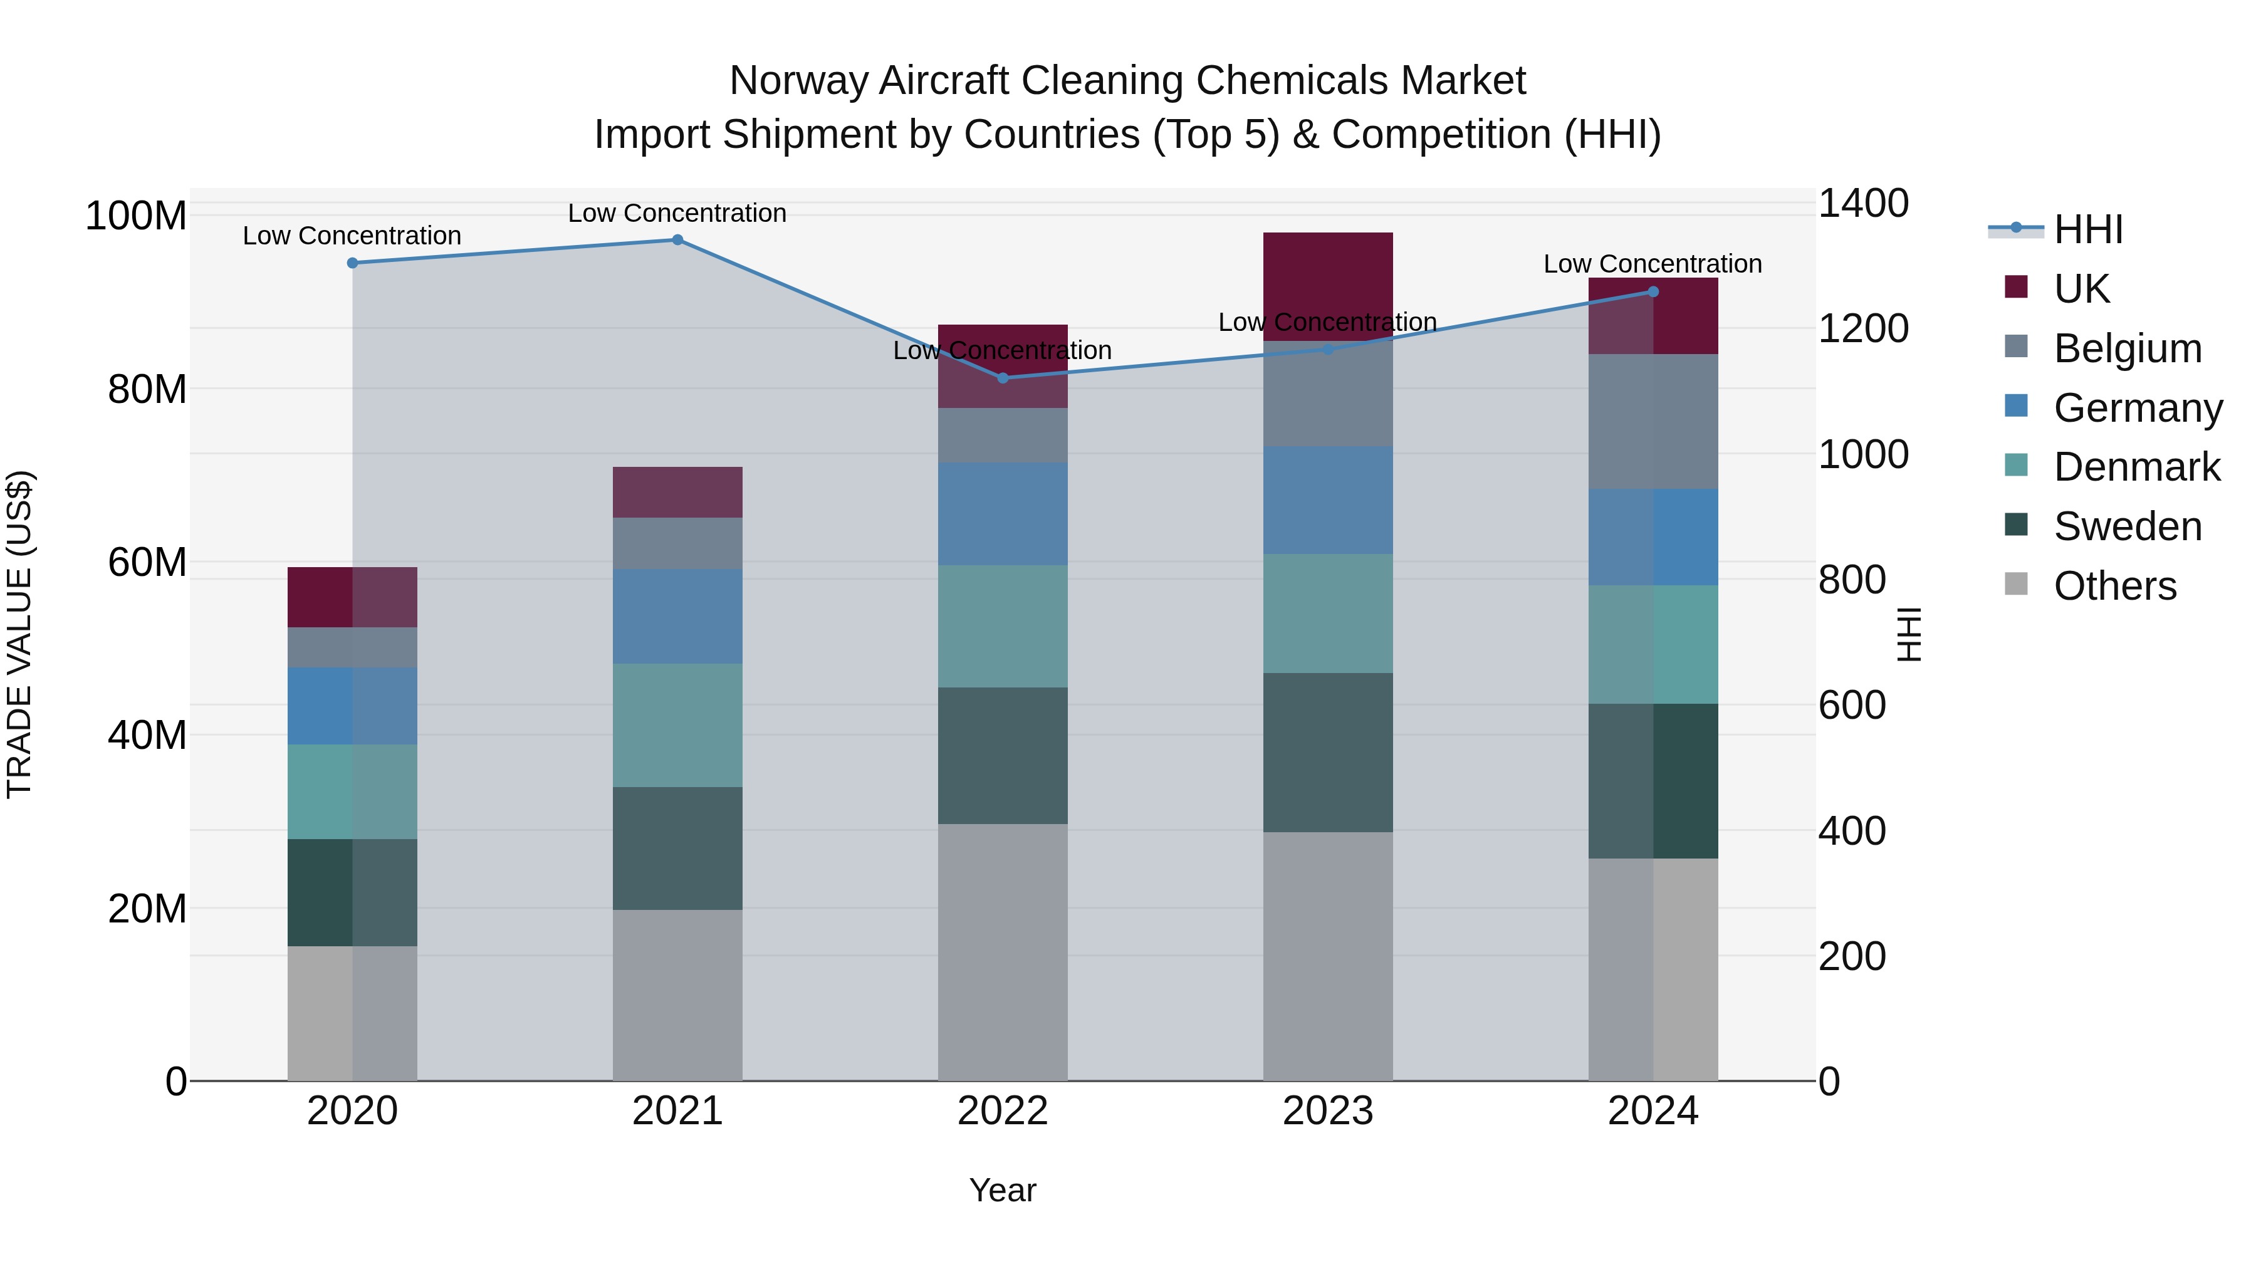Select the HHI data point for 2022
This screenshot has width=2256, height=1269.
(1003, 379)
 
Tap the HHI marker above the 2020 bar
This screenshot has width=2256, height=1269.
(352, 263)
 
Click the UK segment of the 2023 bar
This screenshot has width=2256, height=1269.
(1328, 286)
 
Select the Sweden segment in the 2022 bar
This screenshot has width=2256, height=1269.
(1003, 755)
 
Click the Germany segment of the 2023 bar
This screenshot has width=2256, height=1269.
(1328, 500)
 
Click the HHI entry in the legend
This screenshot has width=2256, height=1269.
(2088, 229)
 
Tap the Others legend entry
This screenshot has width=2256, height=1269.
(2114, 586)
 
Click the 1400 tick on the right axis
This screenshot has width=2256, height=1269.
(1864, 203)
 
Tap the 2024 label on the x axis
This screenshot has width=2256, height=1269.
(1653, 1111)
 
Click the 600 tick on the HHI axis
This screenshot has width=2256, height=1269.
(1851, 705)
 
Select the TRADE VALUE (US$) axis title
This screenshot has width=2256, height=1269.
(19, 634)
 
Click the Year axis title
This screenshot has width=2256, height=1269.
(1002, 1190)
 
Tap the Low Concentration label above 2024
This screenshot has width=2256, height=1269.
(1653, 264)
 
